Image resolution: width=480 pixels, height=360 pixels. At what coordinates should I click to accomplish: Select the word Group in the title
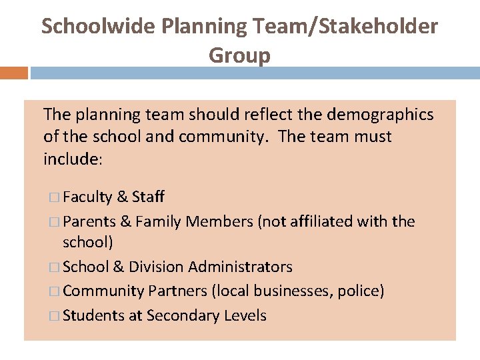coord(240,55)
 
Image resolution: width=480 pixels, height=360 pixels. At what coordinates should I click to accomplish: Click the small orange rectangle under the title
coord(13,73)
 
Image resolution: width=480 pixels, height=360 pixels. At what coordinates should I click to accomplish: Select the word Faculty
coord(87,197)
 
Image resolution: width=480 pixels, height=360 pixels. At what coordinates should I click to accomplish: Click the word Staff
coord(148,197)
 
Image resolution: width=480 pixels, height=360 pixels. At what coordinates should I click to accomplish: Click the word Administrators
coord(241,267)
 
